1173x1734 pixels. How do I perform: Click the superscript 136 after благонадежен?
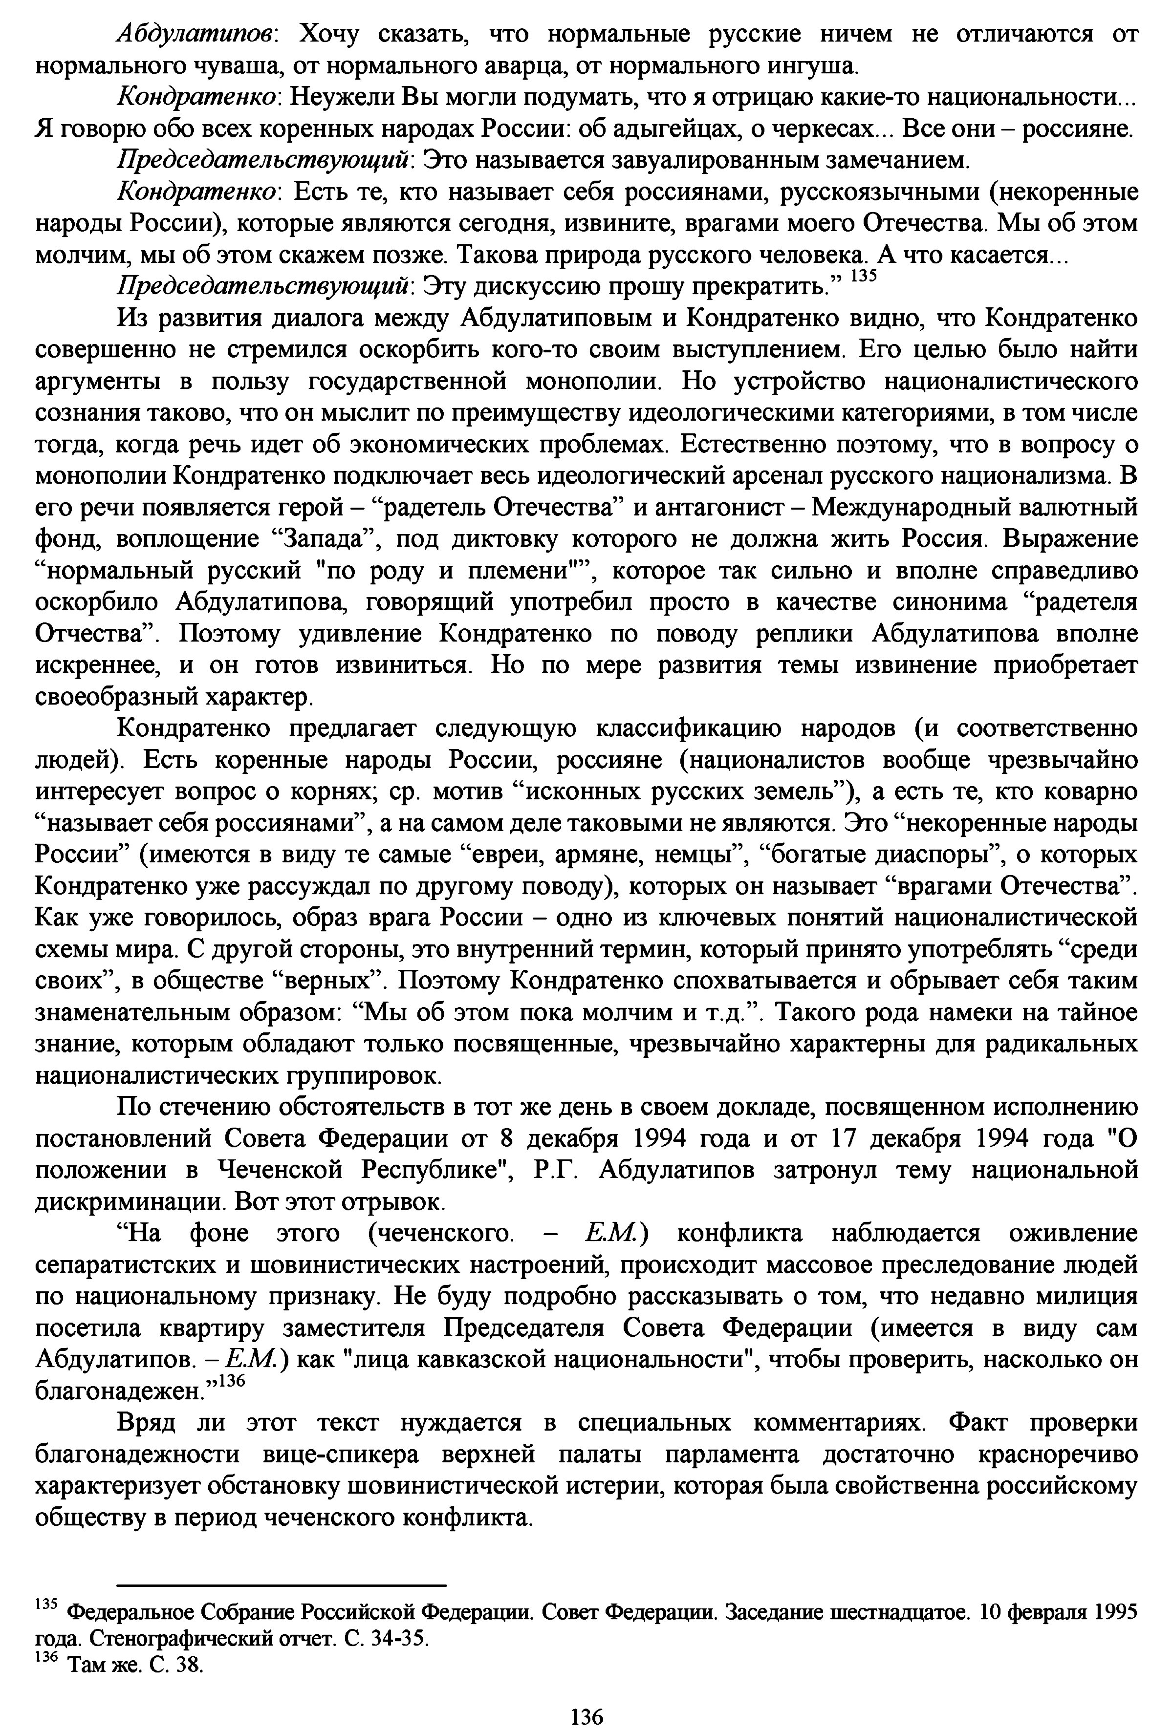click(x=231, y=1380)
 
